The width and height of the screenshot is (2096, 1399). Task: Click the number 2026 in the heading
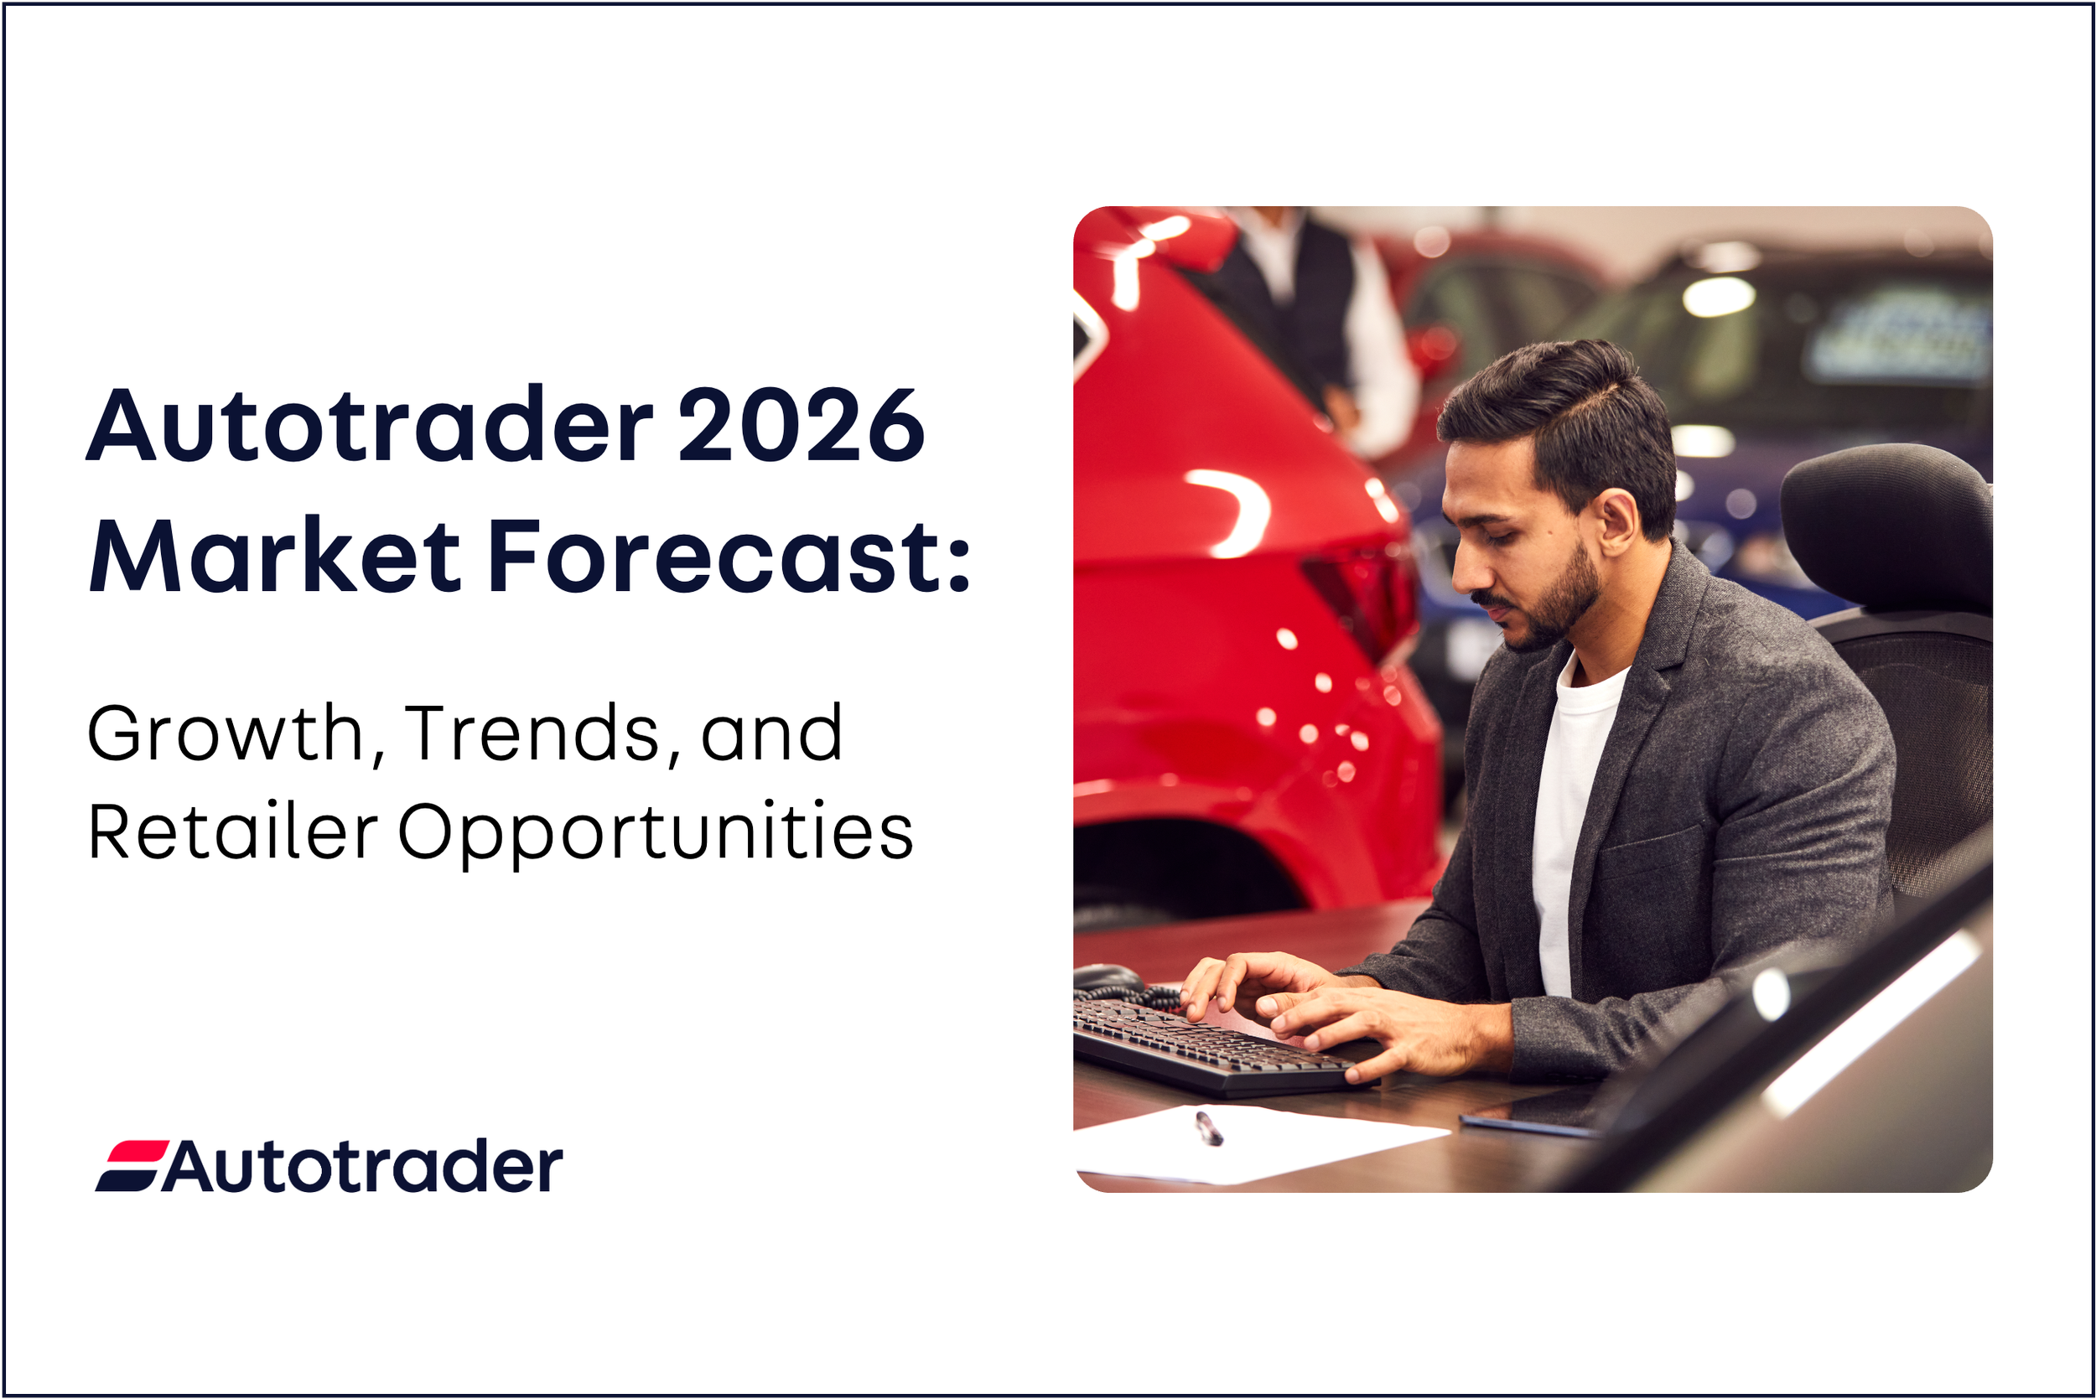coord(801,426)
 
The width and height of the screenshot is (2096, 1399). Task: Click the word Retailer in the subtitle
coord(233,832)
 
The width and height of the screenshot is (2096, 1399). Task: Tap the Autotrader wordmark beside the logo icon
coord(361,1165)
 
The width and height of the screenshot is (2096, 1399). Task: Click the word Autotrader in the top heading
coord(370,426)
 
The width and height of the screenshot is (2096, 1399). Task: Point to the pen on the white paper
coord(1208,1127)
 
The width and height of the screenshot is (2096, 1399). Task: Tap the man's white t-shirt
coord(1574,803)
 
